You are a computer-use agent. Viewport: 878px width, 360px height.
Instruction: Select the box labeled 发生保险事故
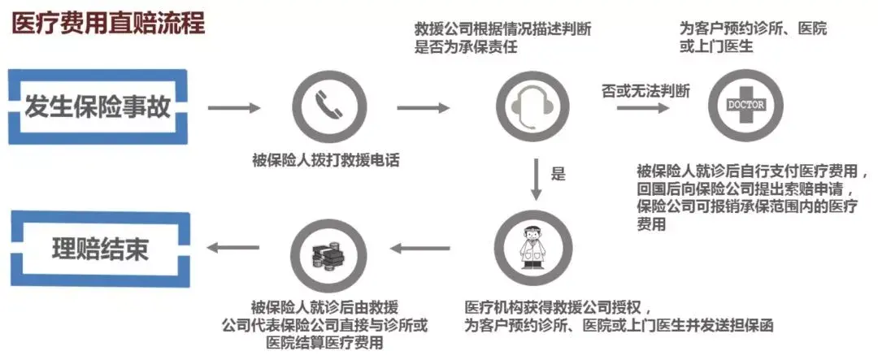point(98,106)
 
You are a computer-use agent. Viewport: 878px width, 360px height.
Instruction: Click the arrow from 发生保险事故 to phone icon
point(234,107)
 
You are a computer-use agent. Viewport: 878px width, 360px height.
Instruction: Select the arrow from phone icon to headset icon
point(423,107)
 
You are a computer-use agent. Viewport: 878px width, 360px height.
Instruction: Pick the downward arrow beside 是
point(535,181)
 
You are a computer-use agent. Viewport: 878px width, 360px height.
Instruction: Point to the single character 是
point(558,173)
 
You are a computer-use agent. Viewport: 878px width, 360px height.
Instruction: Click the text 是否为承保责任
point(466,47)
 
